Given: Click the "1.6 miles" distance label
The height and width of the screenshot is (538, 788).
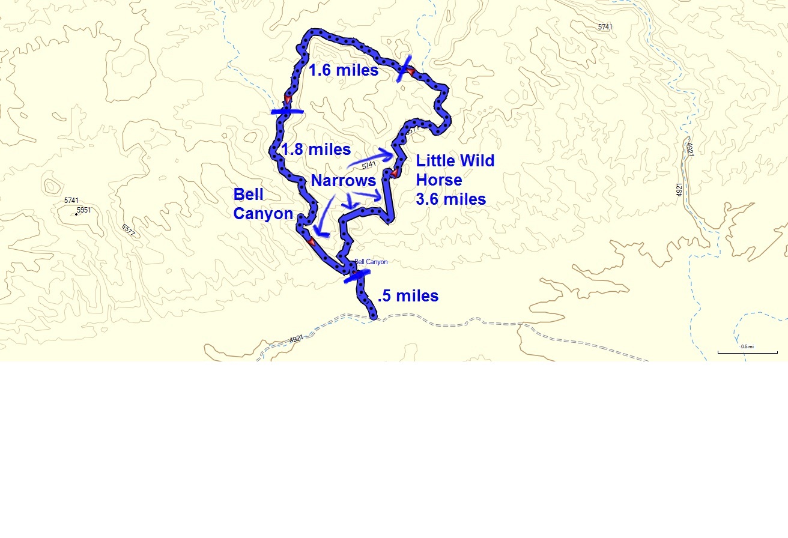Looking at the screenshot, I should point(344,70).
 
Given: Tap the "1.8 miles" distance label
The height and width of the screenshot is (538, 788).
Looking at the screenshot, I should point(317,150).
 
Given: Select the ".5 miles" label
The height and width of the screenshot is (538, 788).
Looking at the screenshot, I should point(408,296).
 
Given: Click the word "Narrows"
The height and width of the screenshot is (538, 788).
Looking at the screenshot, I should point(343,181).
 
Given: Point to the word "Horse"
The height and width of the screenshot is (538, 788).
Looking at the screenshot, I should point(439,180).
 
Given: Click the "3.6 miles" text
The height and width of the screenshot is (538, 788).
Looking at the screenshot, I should point(451,199).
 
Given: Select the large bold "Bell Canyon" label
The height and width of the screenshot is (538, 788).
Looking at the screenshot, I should point(263,204).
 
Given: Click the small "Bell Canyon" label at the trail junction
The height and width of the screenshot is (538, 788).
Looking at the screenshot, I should point(371,262).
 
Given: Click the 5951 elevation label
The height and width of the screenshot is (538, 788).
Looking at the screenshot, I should point(84,210).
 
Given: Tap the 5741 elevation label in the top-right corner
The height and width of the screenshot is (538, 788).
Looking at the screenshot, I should point(606,27).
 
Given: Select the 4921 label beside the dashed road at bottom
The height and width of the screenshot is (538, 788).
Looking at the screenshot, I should point(296,339).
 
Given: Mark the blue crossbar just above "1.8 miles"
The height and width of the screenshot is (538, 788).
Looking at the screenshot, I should point(287,111).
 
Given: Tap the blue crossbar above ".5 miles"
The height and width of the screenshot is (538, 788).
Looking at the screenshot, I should point(357,276).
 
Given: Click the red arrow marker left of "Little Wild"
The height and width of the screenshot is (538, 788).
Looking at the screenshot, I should point(395,174).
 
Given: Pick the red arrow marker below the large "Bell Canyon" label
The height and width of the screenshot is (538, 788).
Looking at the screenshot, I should point(311,241).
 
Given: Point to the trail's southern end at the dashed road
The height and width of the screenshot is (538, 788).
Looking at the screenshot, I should point(374,316).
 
